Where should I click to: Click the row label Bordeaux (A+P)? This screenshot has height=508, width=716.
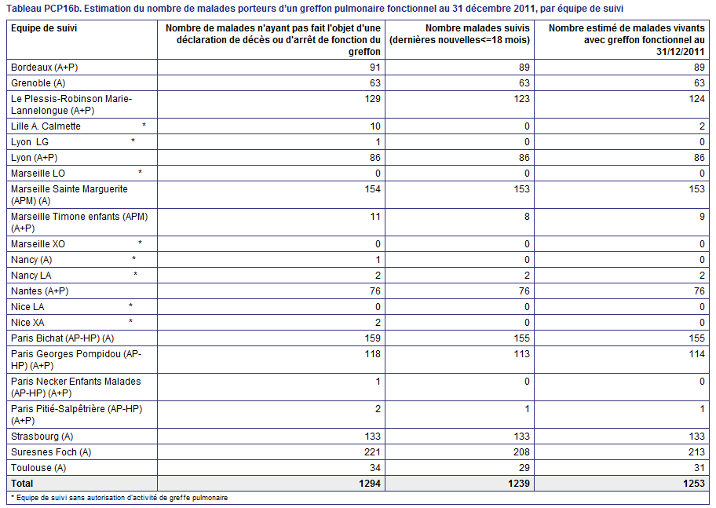pyautogui.click(x=44, y=68)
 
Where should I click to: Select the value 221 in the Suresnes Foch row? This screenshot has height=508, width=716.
pyautogui.click(x=372, y=451)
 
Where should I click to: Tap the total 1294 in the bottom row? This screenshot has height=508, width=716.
pyautogui.click(x=370, y=484)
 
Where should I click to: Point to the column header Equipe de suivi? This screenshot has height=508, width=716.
pyautogui.click(x=44, y=28)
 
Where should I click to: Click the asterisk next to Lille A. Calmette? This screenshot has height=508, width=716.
pyautogui.click(x=144, y=125)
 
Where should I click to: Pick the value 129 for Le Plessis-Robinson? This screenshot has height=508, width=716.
pyautogui.click(x=373, y=99)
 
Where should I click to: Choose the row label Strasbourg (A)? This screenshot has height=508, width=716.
pyautogui.click(x=42, y=437)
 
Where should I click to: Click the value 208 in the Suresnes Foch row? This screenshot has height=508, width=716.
pyautogui.click(x=521, y=451)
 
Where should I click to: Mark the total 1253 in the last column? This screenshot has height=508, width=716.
pyautogui.click(x=694, y=484)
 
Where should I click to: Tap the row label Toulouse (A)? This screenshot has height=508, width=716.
pyautogui.click(x=38, y=468)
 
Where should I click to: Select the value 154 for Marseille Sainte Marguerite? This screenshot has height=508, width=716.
pyautogui.click(x=373, y=189)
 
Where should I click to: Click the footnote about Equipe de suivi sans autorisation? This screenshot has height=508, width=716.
pyautogui.click(x=119, y=498)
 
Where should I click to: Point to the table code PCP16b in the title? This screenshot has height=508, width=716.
pyautogui.click(x=63, y=9)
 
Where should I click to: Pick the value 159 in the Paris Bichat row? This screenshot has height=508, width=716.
pyautogui.click(x=373, y=338)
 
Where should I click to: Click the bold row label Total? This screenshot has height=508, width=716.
pyautogui.click(x=22, y=484)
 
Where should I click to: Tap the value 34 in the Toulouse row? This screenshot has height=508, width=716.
pyautogui.click(x=375, y=468)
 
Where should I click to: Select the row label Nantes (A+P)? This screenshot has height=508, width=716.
pyautogui.click(x=40, y=291)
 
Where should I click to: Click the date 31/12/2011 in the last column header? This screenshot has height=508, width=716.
pyautogui.click(x=681, y=52)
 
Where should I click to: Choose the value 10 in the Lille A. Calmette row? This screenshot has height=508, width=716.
pyautogui.click(x=375, y=126)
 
